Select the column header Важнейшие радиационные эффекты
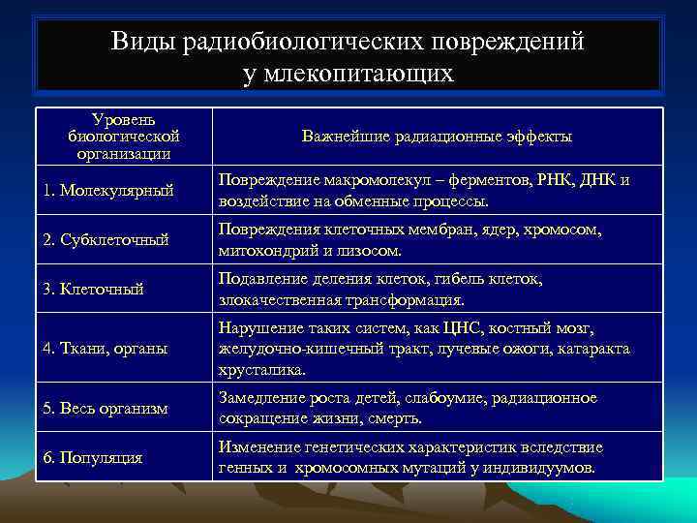point(437,137)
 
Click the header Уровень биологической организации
point(123,137)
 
